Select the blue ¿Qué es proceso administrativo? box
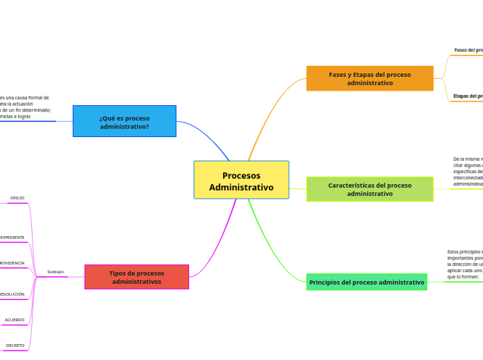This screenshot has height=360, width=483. tap(124, 121)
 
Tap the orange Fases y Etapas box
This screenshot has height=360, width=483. tap(369, 78)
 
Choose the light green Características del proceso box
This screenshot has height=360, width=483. tap(369, 189)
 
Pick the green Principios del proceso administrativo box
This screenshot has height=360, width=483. tap(367, 282)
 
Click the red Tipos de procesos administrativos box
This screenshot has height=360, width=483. tap(137, 277)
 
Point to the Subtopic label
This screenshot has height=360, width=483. tap(56, 271)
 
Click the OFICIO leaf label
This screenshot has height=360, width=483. tap(17, 198)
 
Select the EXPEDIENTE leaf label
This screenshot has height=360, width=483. tap(12, 237)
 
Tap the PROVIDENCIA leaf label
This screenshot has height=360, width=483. tap(12, 263)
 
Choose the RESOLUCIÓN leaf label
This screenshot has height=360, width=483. tap(12, 294)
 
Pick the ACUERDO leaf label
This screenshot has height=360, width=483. tap(15, 320)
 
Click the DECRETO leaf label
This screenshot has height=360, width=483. tap(15, 345)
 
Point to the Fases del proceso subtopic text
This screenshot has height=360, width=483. tap(468, 50)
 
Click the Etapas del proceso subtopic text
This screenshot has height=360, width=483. tap(468, 96)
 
